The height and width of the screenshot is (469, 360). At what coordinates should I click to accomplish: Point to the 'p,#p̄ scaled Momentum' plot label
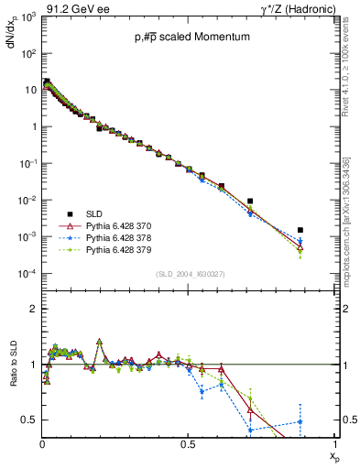coord(179,38)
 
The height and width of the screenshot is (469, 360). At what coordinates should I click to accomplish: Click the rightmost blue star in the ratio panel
coord(300,421)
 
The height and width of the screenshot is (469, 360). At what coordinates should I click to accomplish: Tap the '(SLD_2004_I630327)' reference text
coord(180,274)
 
